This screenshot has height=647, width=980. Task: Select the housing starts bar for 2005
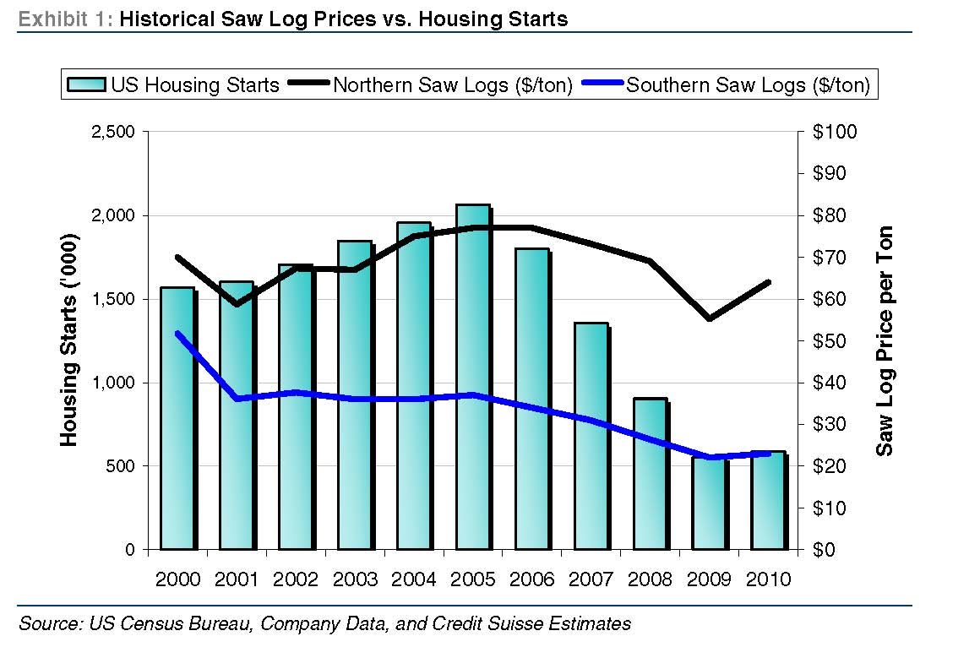[x=472, y=380]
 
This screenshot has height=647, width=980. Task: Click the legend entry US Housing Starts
[x=172, y=84]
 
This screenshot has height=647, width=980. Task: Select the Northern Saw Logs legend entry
[x=432, y=84]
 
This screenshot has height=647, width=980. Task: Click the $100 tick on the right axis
[x=834, y=133]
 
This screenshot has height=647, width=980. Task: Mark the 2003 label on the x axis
[x=355, y=579]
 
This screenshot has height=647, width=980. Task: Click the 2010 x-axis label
[x=769, y=579]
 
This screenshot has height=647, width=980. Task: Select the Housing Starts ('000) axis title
[x=69, y=340]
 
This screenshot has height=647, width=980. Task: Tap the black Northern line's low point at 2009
[x=709, y=318]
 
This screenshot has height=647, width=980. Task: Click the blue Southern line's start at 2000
[x=177, y=333]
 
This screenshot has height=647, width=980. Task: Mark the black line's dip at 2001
[x=237, y=304]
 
